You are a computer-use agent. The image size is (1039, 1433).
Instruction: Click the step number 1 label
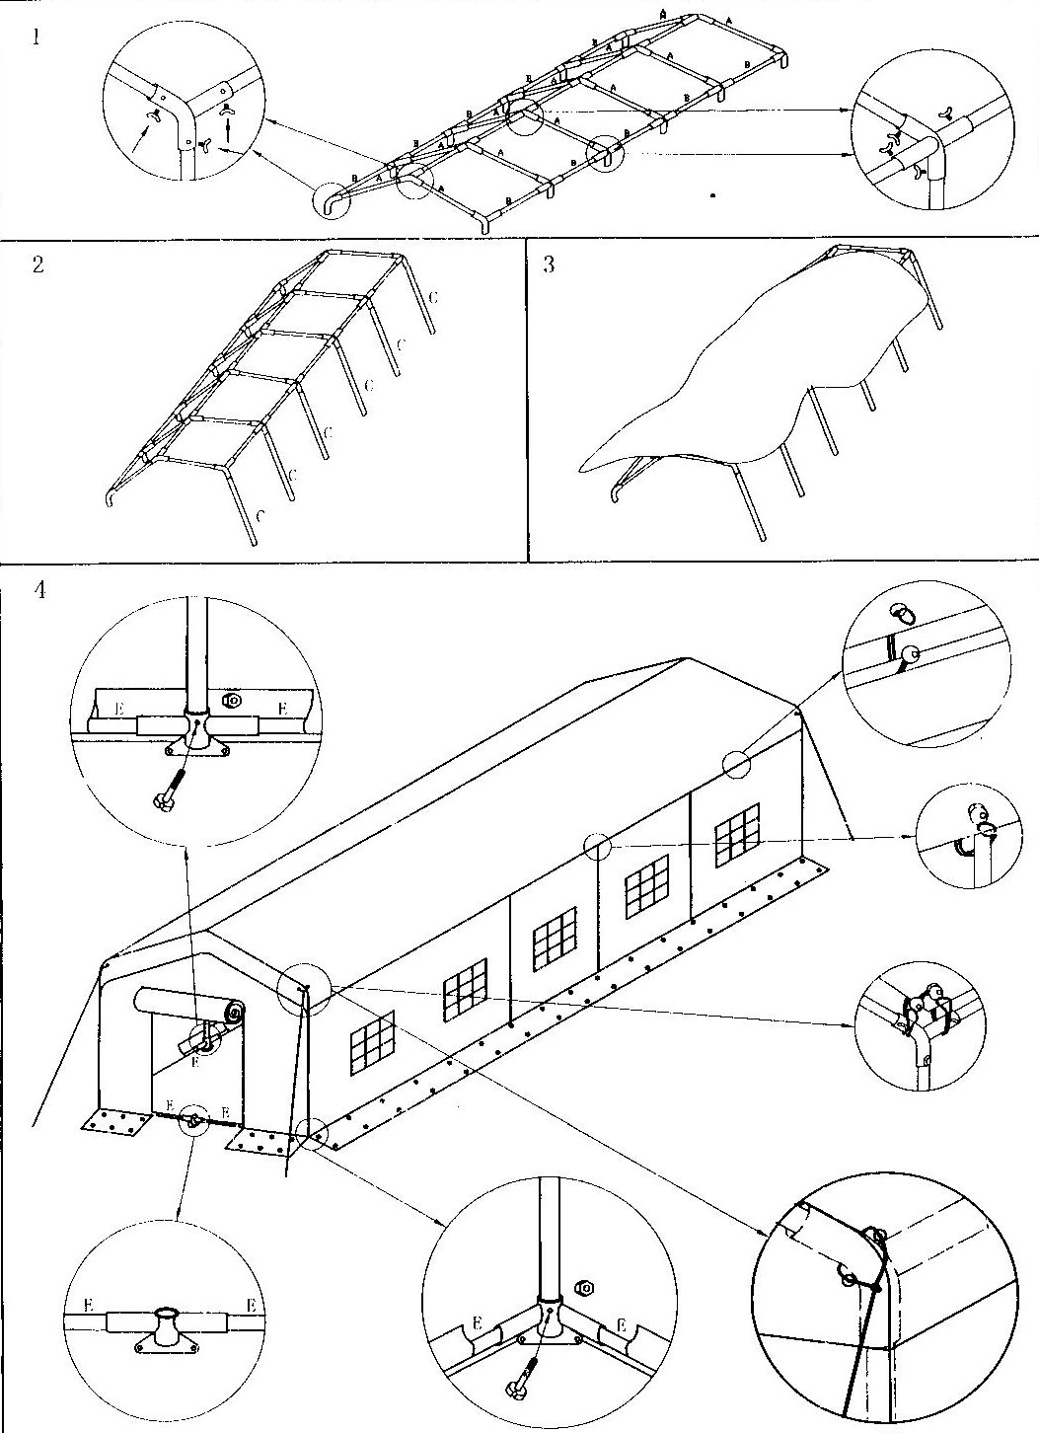37,41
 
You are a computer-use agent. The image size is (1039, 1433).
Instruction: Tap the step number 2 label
37,265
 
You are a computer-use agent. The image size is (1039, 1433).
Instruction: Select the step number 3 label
549,265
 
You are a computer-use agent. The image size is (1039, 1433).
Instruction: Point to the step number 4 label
38,590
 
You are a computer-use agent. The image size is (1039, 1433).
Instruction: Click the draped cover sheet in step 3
750,375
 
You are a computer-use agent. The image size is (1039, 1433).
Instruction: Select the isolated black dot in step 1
712,196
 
